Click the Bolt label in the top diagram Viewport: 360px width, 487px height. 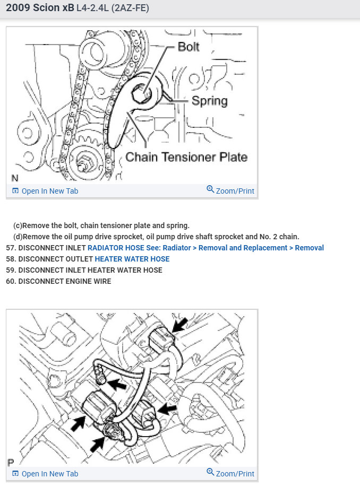coord(188,46)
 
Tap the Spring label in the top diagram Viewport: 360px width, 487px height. coord(209,100)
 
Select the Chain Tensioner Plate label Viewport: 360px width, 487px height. coord(186,157)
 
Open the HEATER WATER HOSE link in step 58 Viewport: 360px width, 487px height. coord(132,259)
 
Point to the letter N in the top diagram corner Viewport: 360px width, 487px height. coord(14,178)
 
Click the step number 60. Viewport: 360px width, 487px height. coord(11,281)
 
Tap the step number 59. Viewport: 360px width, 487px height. coord(11,270)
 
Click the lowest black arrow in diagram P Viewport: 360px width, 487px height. coord(97,445)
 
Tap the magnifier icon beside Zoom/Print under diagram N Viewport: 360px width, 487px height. coord(210,190)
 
